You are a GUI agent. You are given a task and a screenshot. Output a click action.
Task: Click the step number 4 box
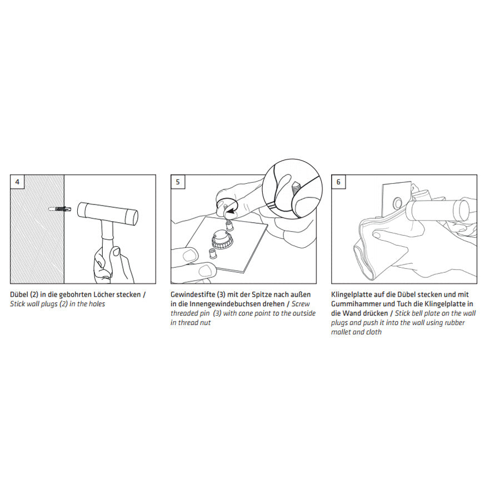[17, 182]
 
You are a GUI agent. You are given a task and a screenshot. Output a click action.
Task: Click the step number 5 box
[178, 182]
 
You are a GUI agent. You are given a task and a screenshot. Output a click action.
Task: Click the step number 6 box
[339, 182]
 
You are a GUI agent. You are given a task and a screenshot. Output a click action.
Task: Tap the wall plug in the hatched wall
[60, 209]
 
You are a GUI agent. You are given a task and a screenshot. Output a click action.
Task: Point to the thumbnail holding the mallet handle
[116, 252]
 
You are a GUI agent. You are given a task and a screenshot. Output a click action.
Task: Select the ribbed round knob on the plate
[219, 241]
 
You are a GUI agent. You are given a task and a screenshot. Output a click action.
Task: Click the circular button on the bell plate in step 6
[398, 202]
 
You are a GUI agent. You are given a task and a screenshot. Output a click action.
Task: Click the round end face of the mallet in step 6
[462, 211]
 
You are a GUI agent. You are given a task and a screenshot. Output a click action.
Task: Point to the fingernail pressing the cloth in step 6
[377, 235]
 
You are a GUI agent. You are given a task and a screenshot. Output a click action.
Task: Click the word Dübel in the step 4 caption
[19, 294]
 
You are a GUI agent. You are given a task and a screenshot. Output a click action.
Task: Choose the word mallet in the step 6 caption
[341, 332]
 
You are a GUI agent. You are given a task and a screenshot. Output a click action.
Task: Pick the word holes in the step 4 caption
[96, 304]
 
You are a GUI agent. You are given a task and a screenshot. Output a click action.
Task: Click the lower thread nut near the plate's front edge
[211, 253]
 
